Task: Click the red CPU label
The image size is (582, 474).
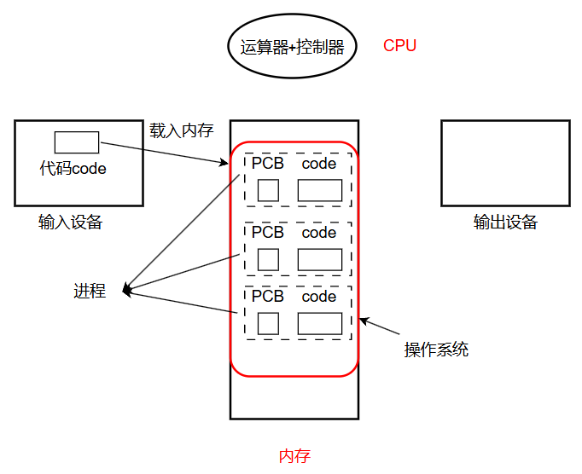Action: pos(399,46)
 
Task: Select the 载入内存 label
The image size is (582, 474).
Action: pos(182,130)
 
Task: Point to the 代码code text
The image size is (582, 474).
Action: pos(73,169)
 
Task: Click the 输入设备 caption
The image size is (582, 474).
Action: pos(71,223)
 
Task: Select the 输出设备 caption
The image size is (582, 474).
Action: pos(505,223)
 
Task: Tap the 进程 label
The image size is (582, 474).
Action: pos(90,291)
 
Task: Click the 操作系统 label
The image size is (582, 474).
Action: pos(437,350)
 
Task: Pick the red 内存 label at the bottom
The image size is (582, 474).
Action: pos(294,456)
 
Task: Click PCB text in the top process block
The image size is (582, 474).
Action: pos(268,163)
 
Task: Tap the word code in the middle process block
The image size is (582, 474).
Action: pos(319,233)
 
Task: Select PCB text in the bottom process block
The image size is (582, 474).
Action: pos(268,296)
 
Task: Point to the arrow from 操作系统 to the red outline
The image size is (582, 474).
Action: pos(380,326)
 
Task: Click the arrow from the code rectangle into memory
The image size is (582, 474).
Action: pos(165,153)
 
